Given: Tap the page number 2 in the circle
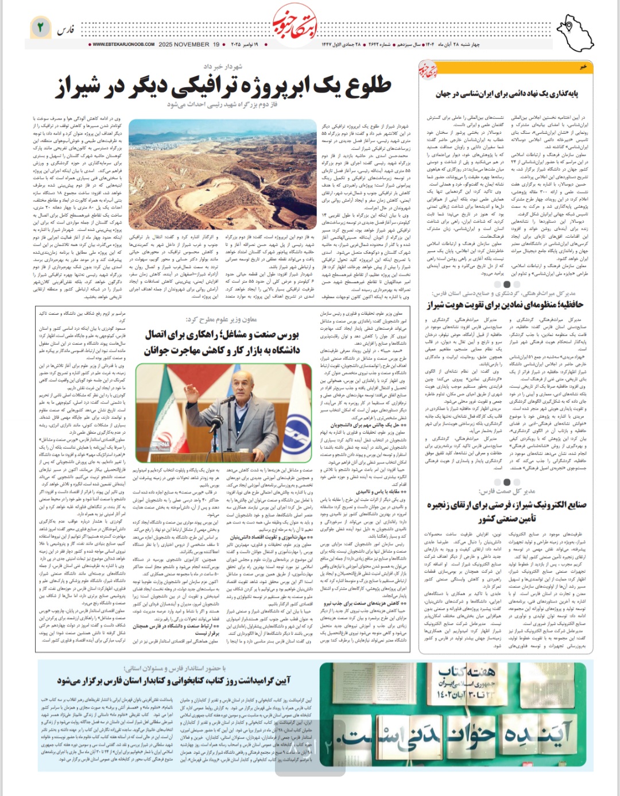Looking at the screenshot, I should coord(40,27).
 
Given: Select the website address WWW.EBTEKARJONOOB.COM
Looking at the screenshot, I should coord(123,44).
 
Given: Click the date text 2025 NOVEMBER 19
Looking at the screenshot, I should coord(189,44).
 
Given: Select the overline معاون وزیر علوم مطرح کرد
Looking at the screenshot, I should coord(221,319).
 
